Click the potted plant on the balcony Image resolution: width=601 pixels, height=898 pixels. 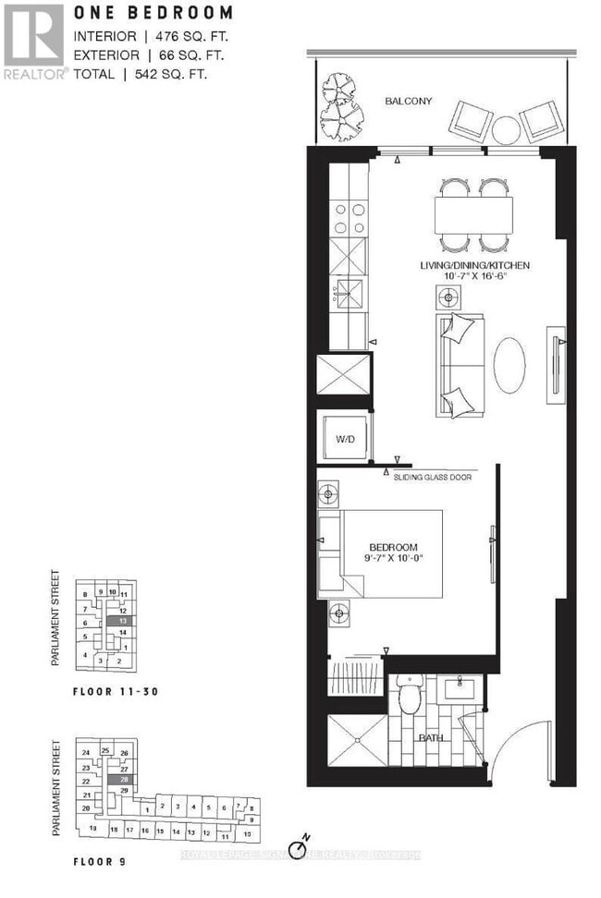coord(343,104)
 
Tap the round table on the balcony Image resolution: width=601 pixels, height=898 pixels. coord(505,127)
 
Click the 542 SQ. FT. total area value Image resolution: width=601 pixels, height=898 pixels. coord(168,72)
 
